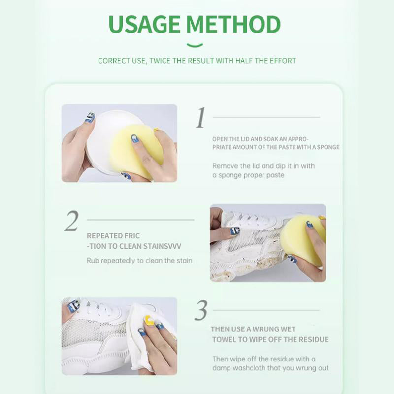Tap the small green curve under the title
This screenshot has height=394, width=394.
tap(195, 46)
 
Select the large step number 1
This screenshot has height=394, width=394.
tap(200, 118)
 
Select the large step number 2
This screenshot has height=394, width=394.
tap(71, 221)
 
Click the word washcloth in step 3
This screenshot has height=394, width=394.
tap(253, 368)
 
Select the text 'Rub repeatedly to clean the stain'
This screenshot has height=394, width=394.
tap(139, 260)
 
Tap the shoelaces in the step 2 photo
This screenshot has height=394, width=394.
tap(251, 217)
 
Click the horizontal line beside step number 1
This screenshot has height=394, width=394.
tap(266, 117)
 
